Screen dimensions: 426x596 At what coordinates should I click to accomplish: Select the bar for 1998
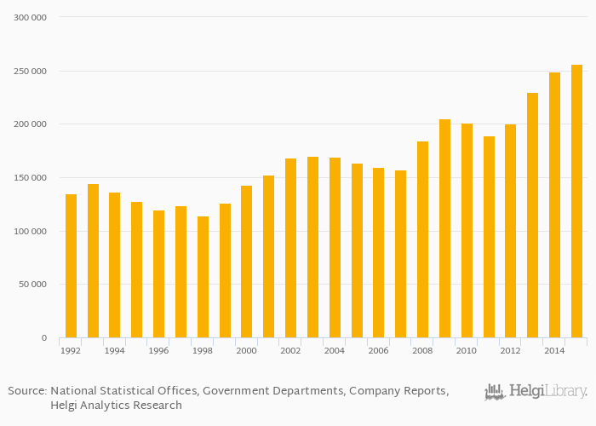pyautogui.click(x=203, y=277)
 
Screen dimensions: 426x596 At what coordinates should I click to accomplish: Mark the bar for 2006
pyautogui.click(x=378, y=252)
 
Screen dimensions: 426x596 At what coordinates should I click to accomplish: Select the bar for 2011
pyautogui.click(x=489, y=237)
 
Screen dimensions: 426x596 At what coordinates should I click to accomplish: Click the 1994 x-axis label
pyautogui.click(x=115, y=351)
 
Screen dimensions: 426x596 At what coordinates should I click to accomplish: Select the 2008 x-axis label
pyautogui.click(x=422, y=351)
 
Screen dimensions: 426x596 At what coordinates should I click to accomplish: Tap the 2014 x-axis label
pyautogui.click(x=554, y=351)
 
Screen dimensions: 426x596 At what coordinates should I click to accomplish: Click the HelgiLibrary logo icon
pyautogui.click(x=495, y=392)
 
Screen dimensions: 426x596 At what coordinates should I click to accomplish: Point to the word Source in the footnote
pyautogui.click(x=26, y=391)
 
